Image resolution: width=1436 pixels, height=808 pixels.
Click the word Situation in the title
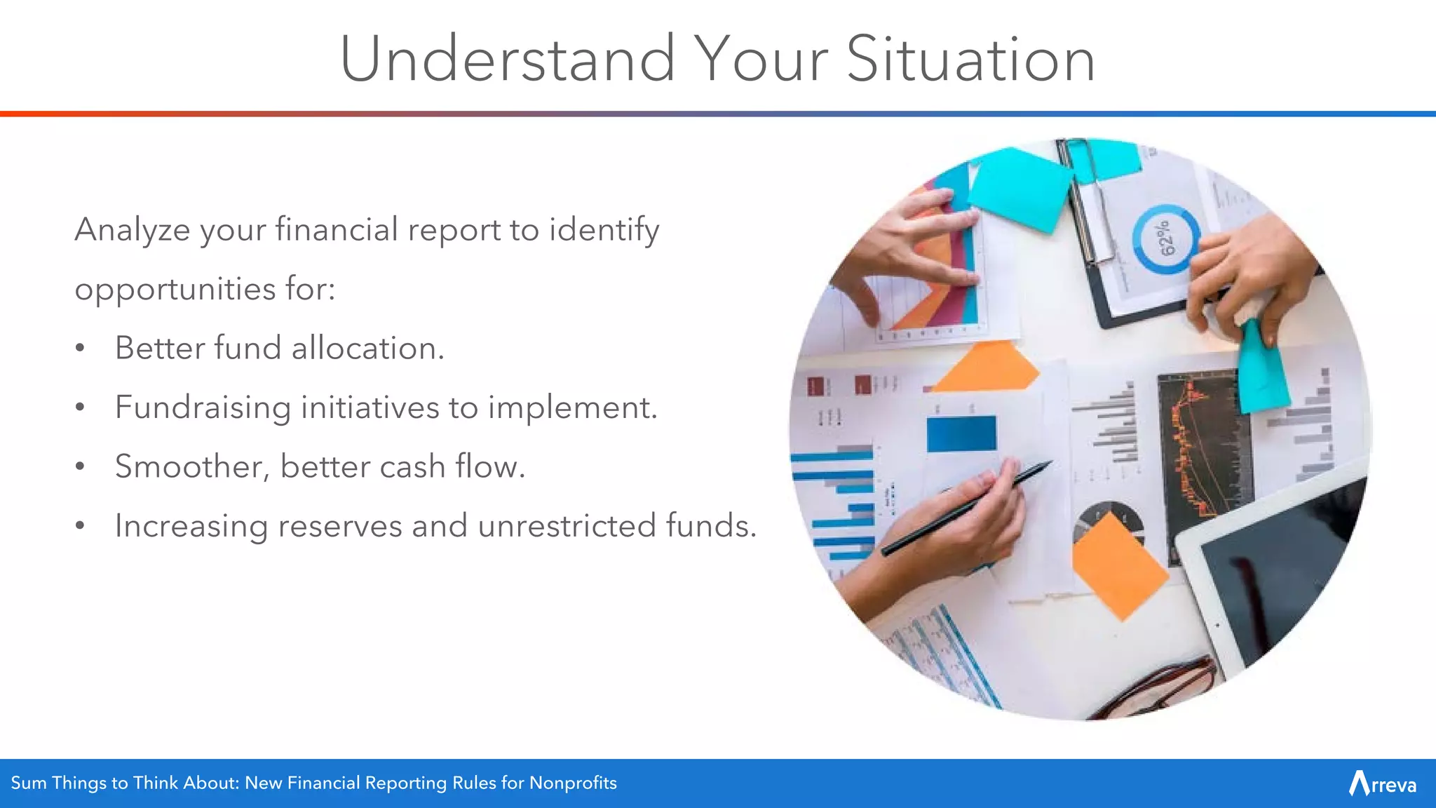pyautogui.click(x=970, y=60)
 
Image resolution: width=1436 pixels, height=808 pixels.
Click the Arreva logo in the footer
pyautogui.click(x=1382, y=783)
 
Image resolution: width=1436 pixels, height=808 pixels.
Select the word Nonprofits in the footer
pyautogui.click(x=572, y=783)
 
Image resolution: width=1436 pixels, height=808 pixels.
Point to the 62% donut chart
pyautogui.click(x=1165, y=239)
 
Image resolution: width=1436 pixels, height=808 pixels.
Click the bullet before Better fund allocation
pyautogui.click(x=81, y=349)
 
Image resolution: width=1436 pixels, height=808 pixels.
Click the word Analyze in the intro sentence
pyautogui.click(x=132, y=230)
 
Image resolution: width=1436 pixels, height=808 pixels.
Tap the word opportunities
pyautogui.click(x=175, y=289)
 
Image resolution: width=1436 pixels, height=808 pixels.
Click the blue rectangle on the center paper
pyautogui.click(x=961, y=433)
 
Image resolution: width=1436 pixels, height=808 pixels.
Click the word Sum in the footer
pyautogui.click(x=28, y=783)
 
